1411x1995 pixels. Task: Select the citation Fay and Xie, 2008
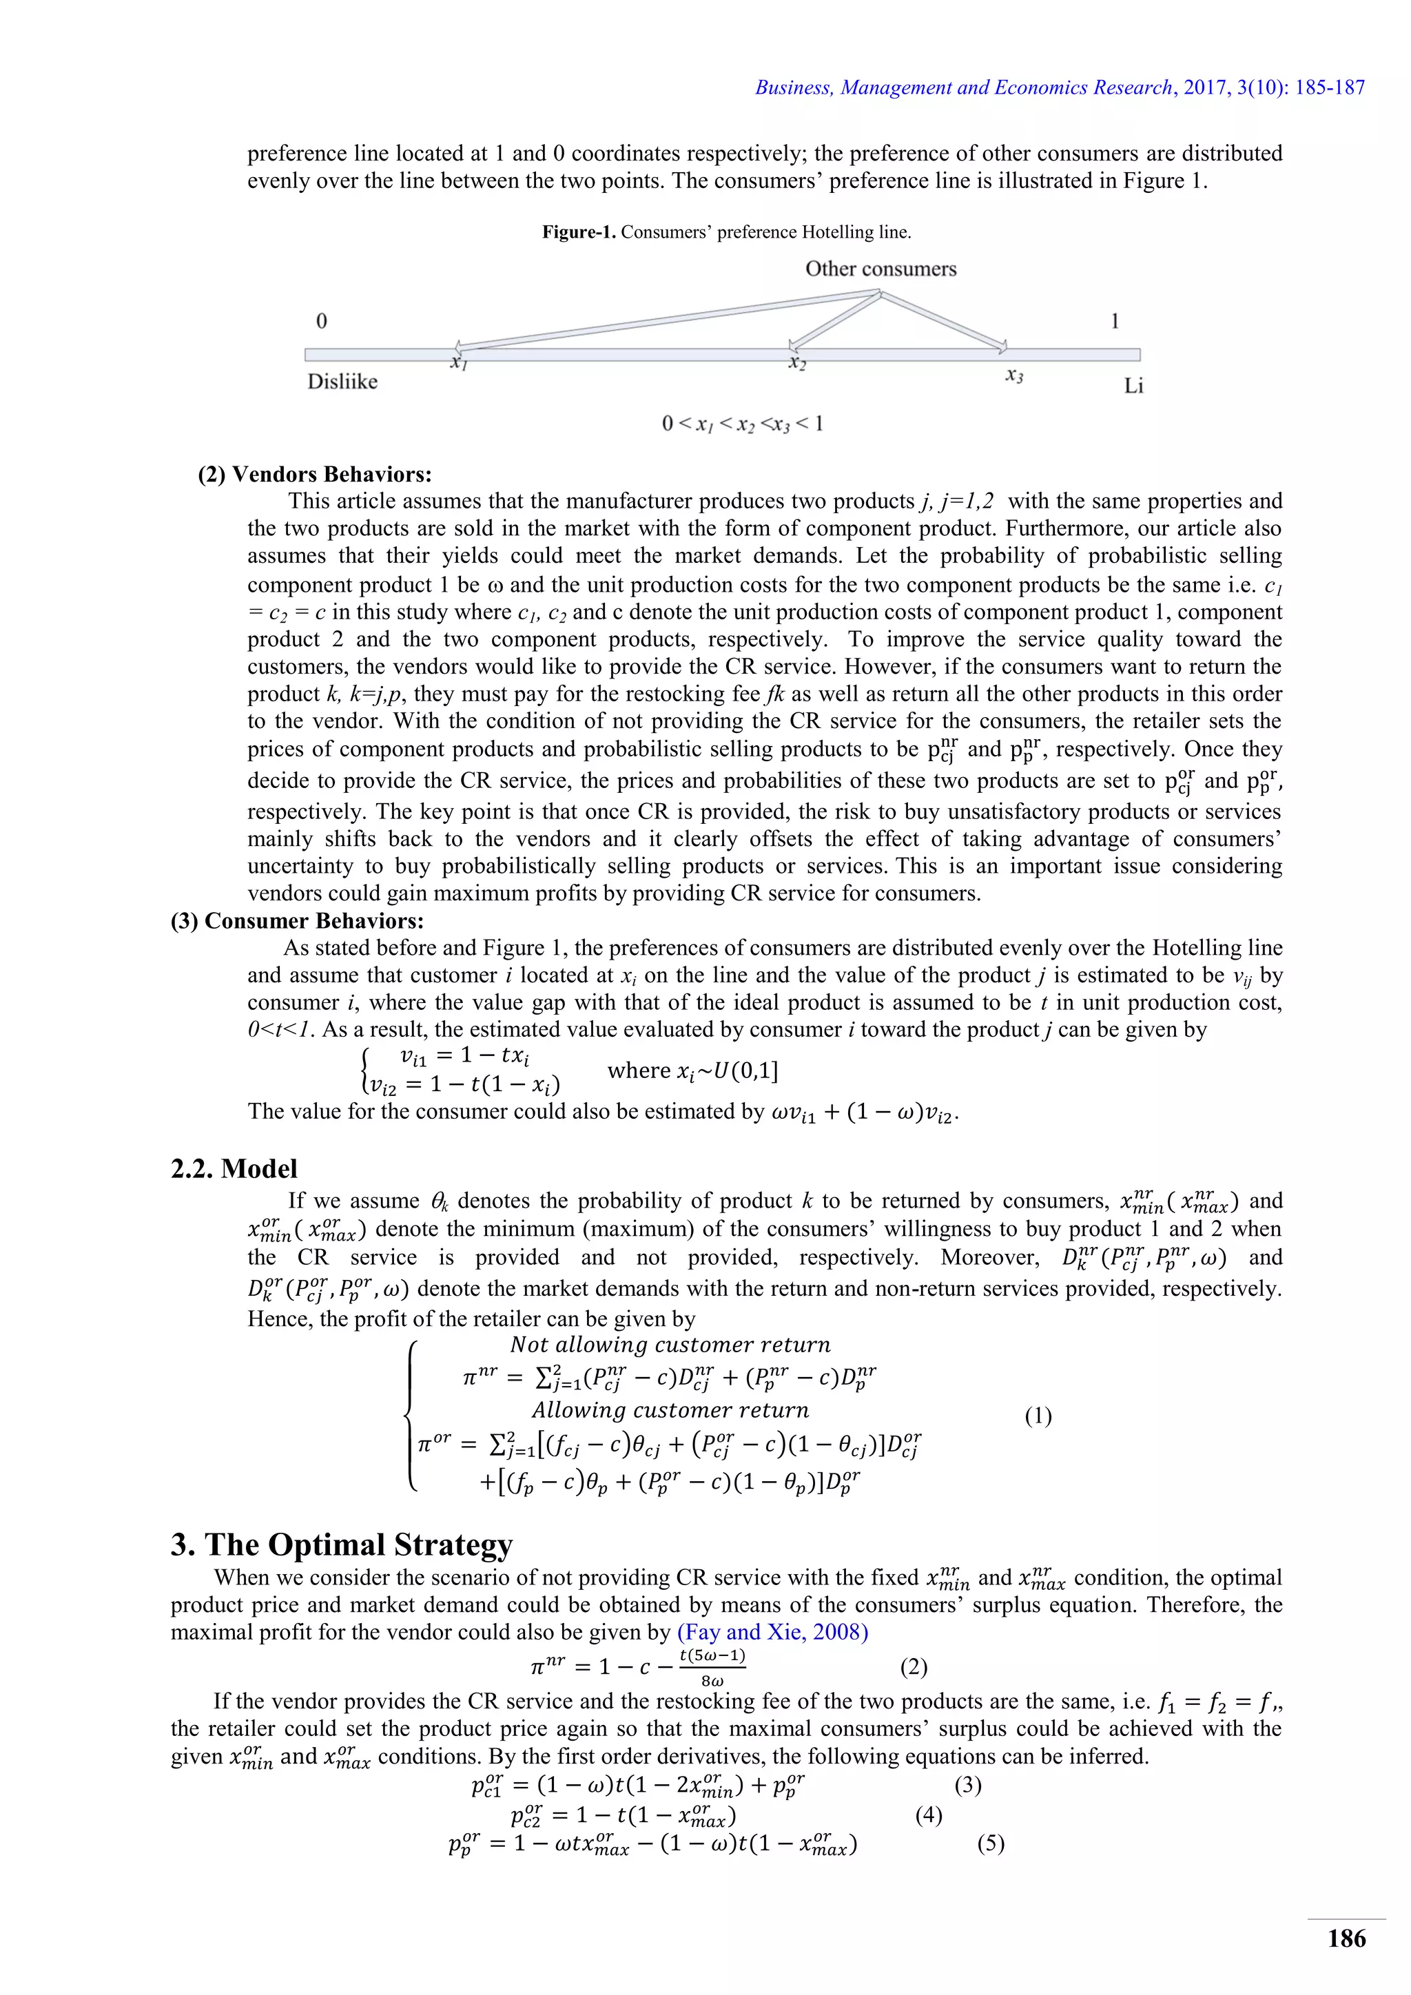[x=772, y=1632]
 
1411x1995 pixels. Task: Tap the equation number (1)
[x=1038, y=1416]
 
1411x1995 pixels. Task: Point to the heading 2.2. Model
[x=234, y=1168]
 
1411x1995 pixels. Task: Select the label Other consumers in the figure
[x=880, y=269]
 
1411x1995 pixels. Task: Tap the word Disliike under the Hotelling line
[x=342, y=382]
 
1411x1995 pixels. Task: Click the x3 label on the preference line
[x=1014, y=375]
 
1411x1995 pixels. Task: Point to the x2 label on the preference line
[x=796, y=362]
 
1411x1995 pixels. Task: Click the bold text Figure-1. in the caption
[x=579, y=232]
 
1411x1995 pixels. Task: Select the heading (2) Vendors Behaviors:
[x=315, y=475]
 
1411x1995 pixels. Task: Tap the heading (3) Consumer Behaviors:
[x=297, y=921]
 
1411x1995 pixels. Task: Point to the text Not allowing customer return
[x=670, y=1345]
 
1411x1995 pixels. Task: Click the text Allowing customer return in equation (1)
[x=670, y=1410]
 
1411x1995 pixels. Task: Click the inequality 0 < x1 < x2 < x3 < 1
[x=742, y=424]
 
